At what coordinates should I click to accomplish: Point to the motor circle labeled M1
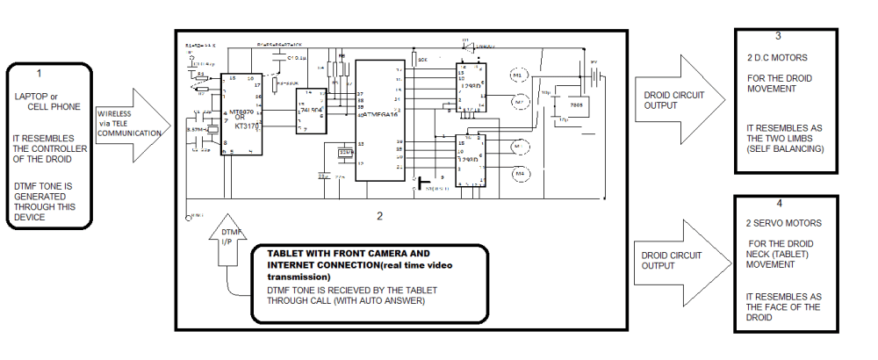click(518, 76)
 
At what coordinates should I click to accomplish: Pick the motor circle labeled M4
click(520, 173)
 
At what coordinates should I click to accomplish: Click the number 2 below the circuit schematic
click(379, 215)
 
